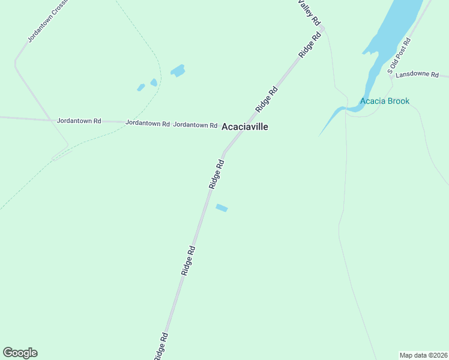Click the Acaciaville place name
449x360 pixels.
244,127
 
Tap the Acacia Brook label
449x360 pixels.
385,101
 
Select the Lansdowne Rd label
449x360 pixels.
417,75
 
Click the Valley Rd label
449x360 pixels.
310,11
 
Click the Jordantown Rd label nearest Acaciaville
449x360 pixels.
195,125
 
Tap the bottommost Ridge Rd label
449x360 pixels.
160,346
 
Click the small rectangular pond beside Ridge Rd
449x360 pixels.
221,208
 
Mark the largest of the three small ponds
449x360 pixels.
178,71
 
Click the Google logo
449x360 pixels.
20,353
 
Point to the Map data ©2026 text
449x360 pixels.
423,355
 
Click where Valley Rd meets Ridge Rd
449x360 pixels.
323,28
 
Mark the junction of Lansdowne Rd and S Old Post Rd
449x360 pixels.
391,76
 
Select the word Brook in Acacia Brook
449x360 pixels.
398,101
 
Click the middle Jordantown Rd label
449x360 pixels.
148,123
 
